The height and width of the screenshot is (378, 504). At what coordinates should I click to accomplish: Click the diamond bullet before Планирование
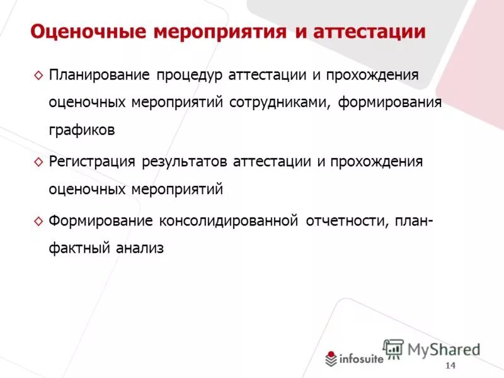click(38, 76)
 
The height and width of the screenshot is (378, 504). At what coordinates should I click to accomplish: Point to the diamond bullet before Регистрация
click(38, 162)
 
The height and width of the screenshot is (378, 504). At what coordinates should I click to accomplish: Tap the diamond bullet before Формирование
click(38, 221)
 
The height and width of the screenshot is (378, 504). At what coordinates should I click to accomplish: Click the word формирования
click(390, 102)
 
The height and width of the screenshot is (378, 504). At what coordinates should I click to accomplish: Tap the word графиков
click(82, 130)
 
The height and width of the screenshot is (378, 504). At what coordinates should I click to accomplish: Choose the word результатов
click(185, 161)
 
